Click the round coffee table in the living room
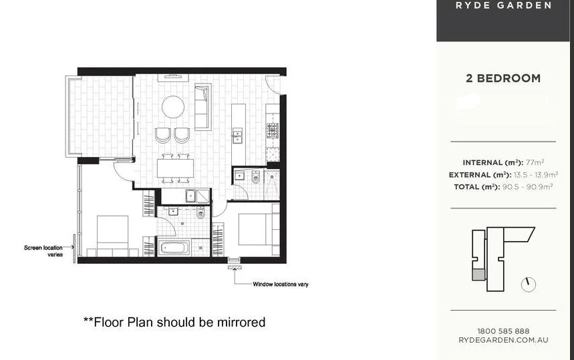174,107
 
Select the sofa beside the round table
202,106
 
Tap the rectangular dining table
174,167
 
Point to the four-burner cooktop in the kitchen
273,130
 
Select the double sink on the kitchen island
237,136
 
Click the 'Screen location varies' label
43,251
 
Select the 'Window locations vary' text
280,285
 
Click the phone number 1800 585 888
504,331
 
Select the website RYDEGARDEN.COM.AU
504,340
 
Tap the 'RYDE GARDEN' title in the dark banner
504,5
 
